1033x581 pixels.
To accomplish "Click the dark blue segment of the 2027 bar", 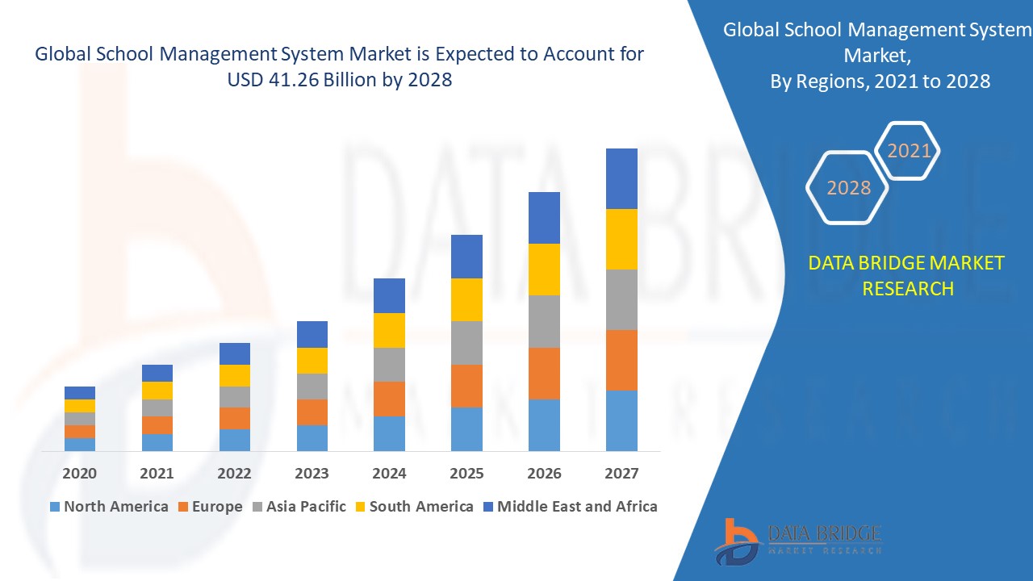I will click(621, 178).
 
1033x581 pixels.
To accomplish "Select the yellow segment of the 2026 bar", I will click(544, 270).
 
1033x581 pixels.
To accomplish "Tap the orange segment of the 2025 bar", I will click(466, 386).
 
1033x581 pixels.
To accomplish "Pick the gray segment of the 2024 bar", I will click(389, 365).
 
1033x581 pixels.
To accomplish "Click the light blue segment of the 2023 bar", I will click(312, 437).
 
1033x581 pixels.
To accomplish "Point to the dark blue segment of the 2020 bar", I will click(80, 393).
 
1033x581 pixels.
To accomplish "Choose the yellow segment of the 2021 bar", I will click(157, 391).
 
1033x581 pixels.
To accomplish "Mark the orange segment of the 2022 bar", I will click(235, 418).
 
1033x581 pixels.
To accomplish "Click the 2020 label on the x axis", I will click(80, 474).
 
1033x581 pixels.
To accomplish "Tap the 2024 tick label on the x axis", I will click(389, 474).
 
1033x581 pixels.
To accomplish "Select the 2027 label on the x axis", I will click(621, 474).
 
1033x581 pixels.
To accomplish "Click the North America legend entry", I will click(109, 507).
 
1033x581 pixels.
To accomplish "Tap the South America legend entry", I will click(412, 507).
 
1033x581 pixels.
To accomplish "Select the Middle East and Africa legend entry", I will click(569, 507).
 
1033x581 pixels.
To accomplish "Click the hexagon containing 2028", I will click(848, 187).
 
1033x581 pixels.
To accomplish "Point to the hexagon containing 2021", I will click(909, 151).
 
